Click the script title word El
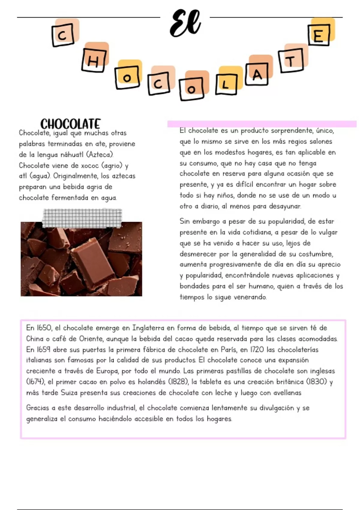pyautogui.click(x=185, y=23)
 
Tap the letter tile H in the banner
pyautogui.click(x=94, y=61)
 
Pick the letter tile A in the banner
pyautogui.click(x=257, y=74)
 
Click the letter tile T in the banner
pyautogui.click(x=290, y=61)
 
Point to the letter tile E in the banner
pyautogui.click(x=319, y=35)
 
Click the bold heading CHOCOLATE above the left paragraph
pyautogui.click(x=70, y=124)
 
